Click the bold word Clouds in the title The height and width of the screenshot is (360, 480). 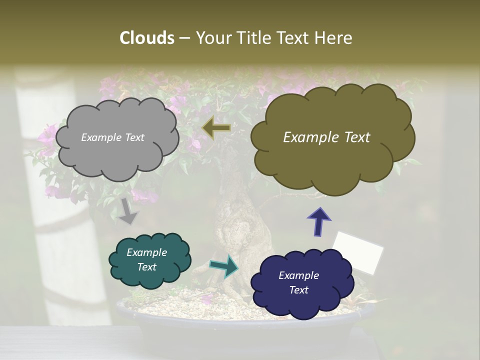coord(146,38)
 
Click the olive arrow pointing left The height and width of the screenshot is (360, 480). coord(216,128)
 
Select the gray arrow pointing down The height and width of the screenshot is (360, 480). coord(128,211)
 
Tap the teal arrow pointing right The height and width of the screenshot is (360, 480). coord(224,266)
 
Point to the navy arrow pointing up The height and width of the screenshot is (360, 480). coord(319,221)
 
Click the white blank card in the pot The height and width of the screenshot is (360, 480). coord(358,252)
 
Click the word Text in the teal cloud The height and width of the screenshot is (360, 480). coord(146,267)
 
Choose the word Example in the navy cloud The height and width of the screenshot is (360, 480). coord(298,275)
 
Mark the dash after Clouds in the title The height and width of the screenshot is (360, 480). coord(184,38)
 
